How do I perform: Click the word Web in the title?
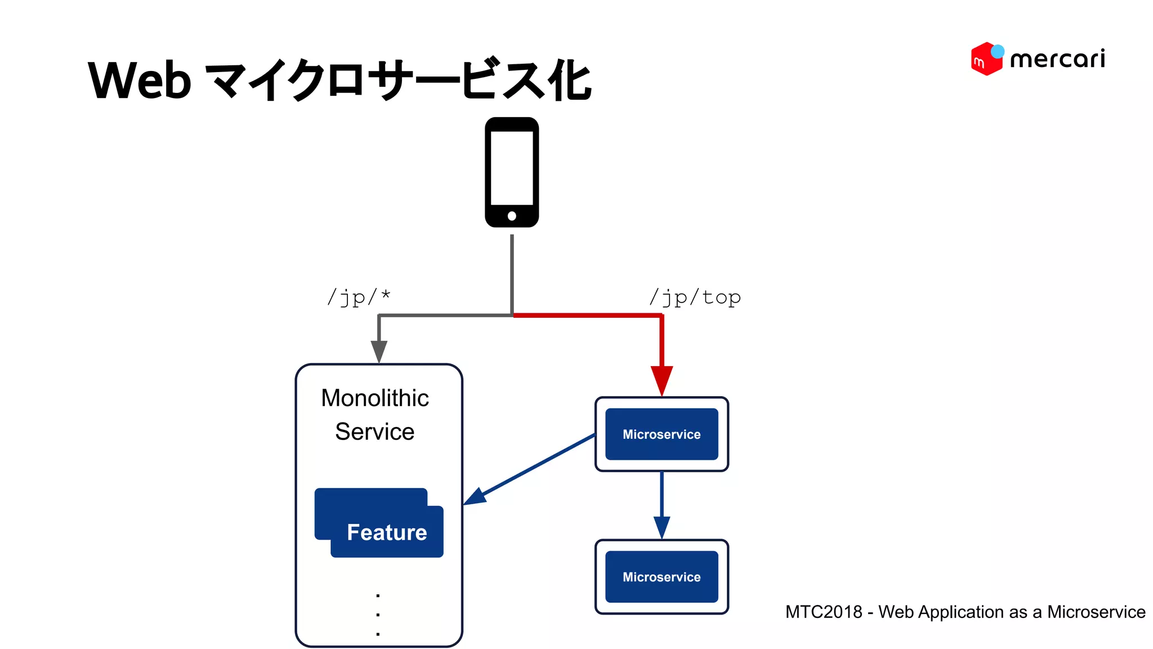point(140,81)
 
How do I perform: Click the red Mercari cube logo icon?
point(986,59)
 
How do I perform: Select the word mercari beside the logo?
point(1057,59)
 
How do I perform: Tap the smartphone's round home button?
point(512,216)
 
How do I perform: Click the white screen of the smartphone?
point(512,168)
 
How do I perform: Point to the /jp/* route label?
point(359,297)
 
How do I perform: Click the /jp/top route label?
point(695,297)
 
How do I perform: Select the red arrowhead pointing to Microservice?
point(662,380)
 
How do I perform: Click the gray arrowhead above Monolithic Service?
point(379,351)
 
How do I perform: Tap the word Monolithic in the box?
point(375,398)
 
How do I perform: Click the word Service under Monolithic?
point(375,432)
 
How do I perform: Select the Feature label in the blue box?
point(387,532)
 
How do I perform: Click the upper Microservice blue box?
point(662,434)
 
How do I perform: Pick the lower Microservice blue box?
point(662,577)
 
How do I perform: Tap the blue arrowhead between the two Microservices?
point(662,527)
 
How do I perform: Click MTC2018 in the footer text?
point(824,612)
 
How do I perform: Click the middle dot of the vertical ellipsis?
point(378,615)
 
